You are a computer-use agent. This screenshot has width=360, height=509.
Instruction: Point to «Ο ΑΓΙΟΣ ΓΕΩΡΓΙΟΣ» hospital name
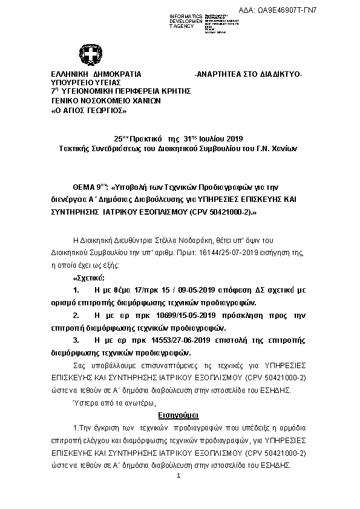tap(88, 111)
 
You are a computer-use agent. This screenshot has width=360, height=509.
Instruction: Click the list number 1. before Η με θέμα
tap(76, 290)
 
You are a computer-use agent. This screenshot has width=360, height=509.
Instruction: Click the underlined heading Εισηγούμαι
tap(178, 417)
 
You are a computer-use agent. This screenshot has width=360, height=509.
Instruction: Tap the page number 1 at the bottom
tap(180, 477)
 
